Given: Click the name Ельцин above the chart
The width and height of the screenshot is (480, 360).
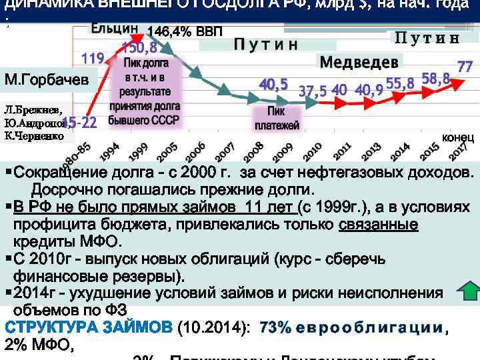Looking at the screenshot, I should click(x=114, y=30).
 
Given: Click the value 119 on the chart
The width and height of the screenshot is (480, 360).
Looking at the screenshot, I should click(x=92, y=58).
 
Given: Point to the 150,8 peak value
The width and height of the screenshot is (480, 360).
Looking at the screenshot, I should click(x=139, y=47).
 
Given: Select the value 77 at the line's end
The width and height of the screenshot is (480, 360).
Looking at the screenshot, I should click(x=465, y=67).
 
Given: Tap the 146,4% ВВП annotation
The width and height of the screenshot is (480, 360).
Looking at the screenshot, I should click(x=185, y=31).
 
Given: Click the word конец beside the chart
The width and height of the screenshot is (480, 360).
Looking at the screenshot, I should click(x=457, y=137).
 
